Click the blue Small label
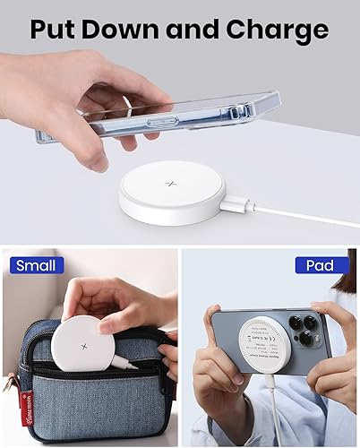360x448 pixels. (35, 265)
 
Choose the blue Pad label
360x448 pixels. (320, 265)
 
